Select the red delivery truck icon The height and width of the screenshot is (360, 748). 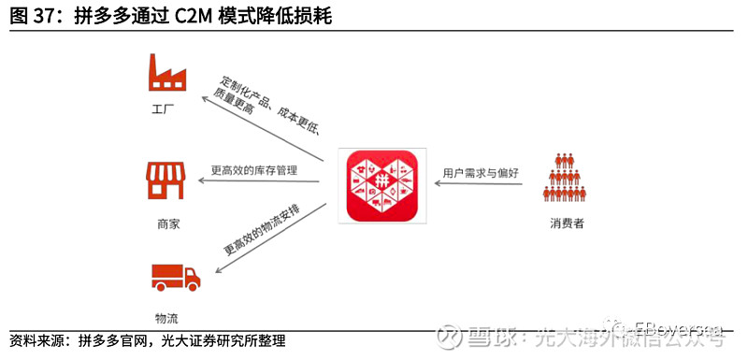pyautogui.click(x=176, y=277)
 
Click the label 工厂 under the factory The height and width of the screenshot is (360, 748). pyautogui.click(x=165, y=110)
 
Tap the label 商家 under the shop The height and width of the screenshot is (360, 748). pyautogui.click(x=168, y=225)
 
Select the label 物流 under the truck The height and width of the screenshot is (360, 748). pyautogui.click(x=168, y=317)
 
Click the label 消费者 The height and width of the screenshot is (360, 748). pyautogui.click(x=567, y=224)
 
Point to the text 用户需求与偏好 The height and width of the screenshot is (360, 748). pyautogui.click(x=481, y=173)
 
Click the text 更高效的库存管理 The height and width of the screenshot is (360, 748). pyautogui.click(x=253, y=170)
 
